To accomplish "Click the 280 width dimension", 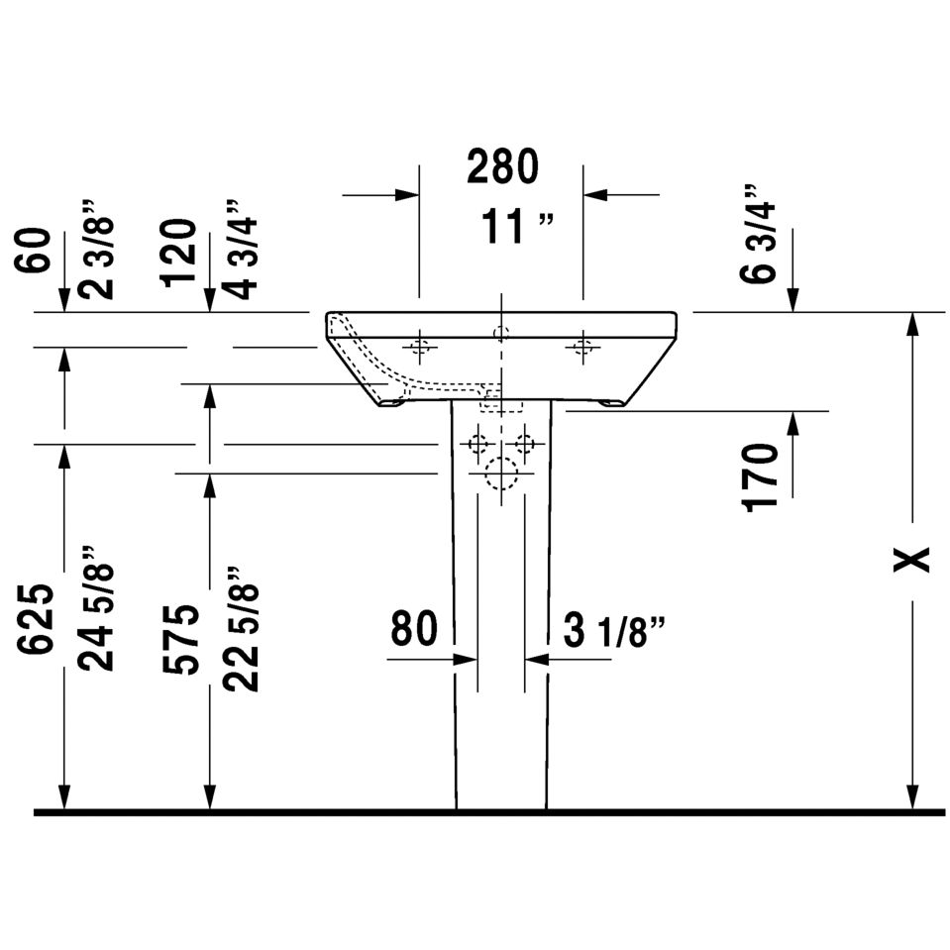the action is point(502,166).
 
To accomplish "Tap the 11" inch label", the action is point(517,227).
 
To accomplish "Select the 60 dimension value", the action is point(33,251).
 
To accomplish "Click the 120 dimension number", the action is point(178,254).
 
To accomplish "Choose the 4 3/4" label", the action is point(240,249).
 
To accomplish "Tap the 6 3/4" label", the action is point(758,233).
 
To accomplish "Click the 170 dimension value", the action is point(761,477).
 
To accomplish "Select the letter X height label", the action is point(911,559).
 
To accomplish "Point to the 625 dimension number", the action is point(35,619).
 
